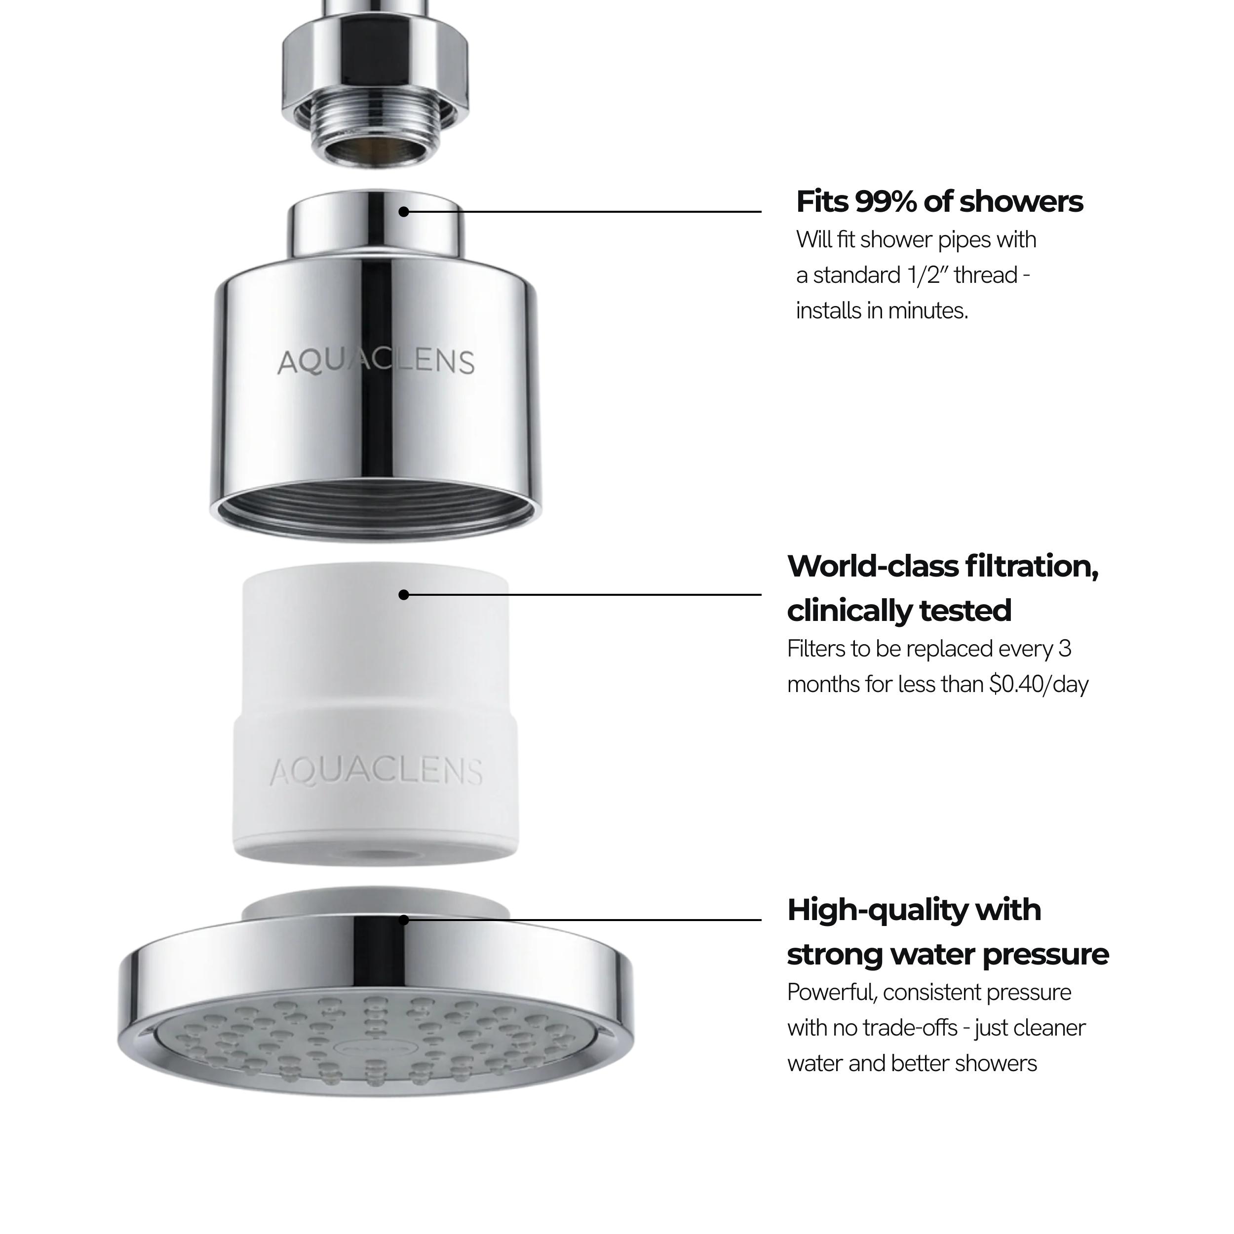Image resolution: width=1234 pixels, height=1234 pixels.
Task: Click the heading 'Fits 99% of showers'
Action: click(939, 202)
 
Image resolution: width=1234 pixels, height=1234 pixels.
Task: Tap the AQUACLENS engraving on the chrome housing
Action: click(376, 362)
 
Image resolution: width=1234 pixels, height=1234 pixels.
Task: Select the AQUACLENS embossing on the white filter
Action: click(376, 771)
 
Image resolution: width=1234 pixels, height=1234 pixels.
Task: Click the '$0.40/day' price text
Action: click(1039, 684)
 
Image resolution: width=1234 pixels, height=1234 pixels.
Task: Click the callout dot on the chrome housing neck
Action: click(404, 211)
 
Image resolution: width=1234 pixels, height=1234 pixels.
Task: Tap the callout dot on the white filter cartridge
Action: click(404, 595)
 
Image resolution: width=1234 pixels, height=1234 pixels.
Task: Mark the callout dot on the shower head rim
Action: click(404, 920)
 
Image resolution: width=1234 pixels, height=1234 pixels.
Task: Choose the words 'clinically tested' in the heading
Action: click(899, 611)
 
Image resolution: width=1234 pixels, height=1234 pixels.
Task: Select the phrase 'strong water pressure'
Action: click(948, 954)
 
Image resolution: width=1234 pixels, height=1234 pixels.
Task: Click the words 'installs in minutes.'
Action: click(882, 311)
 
